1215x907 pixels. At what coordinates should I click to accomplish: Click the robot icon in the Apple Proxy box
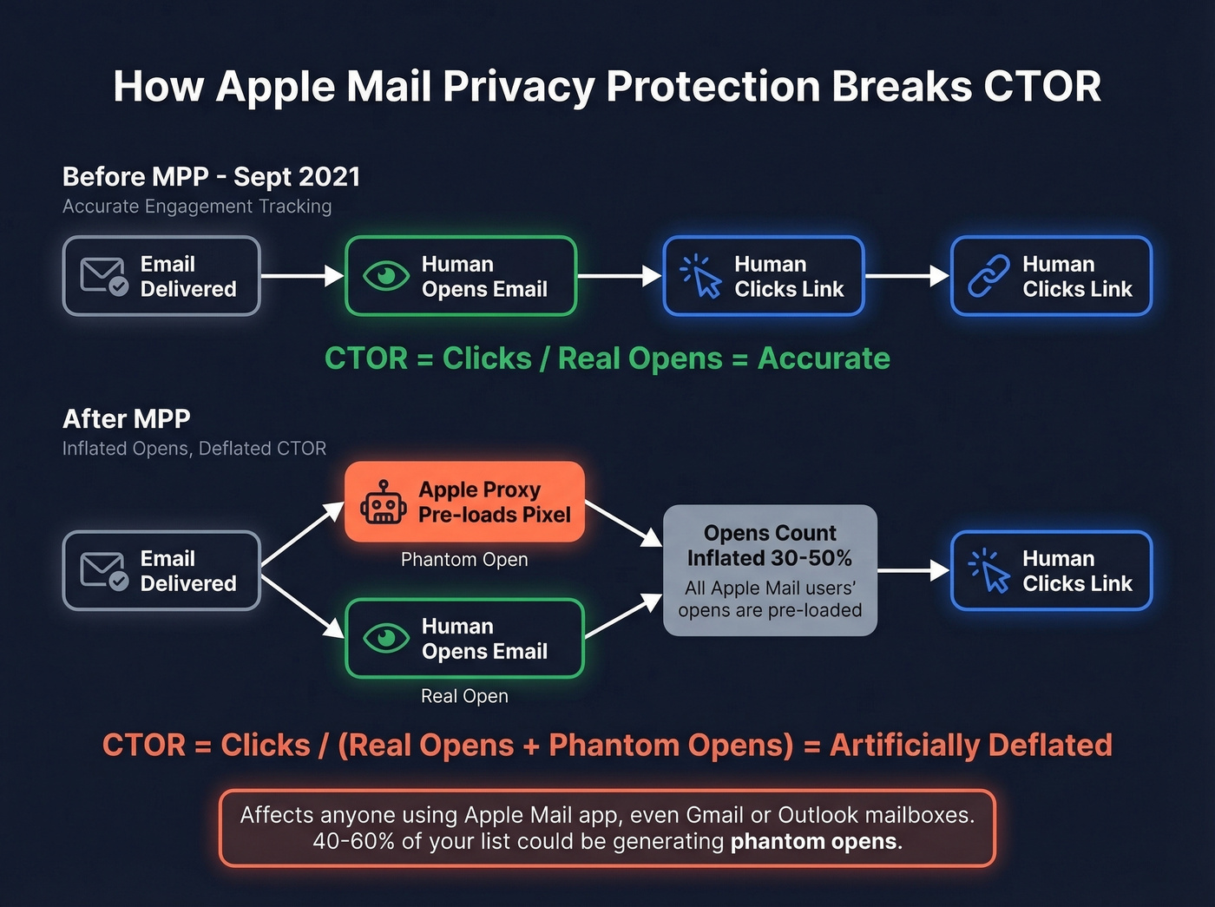point(383,503)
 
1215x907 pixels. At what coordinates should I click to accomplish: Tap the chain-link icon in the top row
point(988,276)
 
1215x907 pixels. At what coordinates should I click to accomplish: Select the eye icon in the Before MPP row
point(386,276)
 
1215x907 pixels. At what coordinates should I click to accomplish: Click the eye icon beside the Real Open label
point(386,639)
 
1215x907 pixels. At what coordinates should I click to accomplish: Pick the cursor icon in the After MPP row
point(989,571)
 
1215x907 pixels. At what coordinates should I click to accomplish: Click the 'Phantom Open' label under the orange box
point(464,560)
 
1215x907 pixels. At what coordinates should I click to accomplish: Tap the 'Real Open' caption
point(464,696)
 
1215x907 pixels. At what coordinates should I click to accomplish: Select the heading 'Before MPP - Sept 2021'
point(211,177)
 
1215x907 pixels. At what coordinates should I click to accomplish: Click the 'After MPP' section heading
point(127,419)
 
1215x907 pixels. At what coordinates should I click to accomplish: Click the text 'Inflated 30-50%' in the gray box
point(770,558)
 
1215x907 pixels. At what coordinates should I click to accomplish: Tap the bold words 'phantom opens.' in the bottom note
point(816,842)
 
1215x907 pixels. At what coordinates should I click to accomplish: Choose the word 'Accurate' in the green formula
point(824,358)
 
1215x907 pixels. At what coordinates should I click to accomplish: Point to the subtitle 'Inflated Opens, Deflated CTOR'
point(194,449)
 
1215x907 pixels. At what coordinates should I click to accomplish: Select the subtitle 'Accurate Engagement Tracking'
point(197,207)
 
